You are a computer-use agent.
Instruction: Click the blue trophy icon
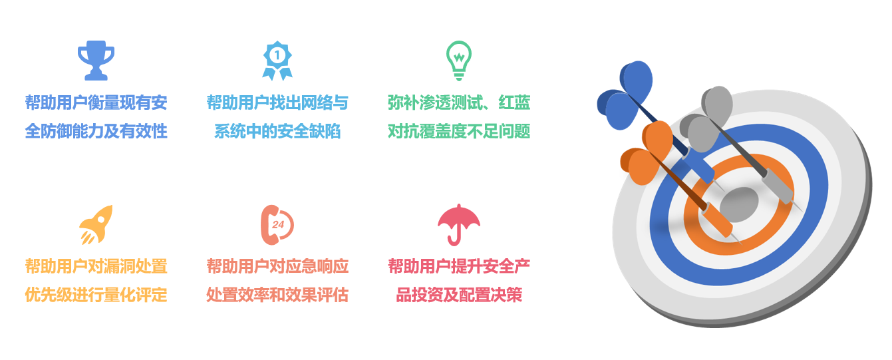point(96,61)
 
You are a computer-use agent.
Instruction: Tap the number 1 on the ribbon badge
point(277,55)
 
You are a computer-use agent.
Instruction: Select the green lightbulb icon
point(459,61)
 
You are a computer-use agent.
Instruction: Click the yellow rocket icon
point(96,225)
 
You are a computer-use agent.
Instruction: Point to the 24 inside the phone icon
point(278,225)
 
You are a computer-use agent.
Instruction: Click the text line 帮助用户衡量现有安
point(96,102)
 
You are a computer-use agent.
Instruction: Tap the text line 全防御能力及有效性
point(96,131)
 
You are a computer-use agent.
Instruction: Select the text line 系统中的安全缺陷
point(277,131)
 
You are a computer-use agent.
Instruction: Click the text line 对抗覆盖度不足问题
point(459,131)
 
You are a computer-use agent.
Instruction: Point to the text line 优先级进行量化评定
point(96,295)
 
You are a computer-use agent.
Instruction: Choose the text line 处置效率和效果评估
point(277,295)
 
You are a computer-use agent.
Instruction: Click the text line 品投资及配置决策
point(459,295)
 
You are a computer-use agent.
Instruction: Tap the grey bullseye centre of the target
point(739,205)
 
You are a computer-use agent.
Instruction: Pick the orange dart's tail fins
point(646,153)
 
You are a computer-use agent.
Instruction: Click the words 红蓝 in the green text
point(514,102)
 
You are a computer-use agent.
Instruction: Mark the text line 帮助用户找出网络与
point(277,102)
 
